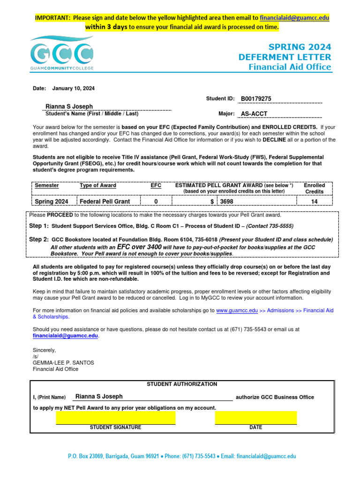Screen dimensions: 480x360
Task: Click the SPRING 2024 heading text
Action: click(x=300, y=47)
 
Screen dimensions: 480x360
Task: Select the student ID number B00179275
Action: click(x=256, y=98)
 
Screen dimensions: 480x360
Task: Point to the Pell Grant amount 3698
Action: click(x=227, y=202)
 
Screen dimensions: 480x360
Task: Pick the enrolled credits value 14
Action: click(x=314, y=202)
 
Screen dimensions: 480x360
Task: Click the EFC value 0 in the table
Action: click(x=156, y=202)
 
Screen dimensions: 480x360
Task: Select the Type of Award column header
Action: click(x=98, y=186)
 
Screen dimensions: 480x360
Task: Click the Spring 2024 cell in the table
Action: click(x=52, y=202)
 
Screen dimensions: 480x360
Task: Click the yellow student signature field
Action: click(x=115, y=417)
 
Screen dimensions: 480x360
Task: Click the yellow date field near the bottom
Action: click(x=256, y=417)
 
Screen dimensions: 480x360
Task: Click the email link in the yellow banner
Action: click(x=294, y=18)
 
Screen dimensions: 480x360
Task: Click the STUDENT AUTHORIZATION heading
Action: click(x=182, y=384)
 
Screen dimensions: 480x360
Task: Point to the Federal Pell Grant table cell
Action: click(x=105, y=202)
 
